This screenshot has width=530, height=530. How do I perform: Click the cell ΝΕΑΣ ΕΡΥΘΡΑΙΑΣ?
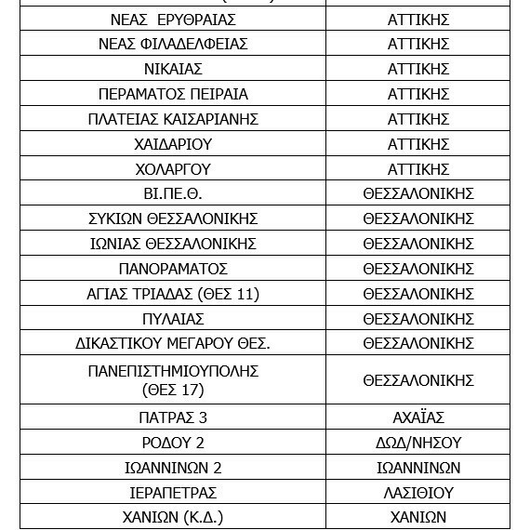click(173, 20)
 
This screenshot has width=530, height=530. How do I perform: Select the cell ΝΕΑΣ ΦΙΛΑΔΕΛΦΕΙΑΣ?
click(173, 45)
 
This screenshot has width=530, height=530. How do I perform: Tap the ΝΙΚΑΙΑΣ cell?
click(173, 70)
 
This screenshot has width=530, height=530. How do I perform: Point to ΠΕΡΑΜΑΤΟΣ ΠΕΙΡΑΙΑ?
click(173, 95)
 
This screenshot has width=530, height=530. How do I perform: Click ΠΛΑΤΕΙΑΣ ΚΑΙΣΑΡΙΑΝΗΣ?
click(173, 120)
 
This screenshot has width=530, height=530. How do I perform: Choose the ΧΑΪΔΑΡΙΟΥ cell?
click(173, 145)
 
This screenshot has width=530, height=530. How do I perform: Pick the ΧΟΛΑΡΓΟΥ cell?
click(173, 170)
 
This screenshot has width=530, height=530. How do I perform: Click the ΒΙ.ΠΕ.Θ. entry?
click(173, 194)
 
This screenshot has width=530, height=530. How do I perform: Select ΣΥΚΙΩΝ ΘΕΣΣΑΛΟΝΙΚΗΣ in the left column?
click(173, 219)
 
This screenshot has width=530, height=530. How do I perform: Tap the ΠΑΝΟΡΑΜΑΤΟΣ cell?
click(173, 270)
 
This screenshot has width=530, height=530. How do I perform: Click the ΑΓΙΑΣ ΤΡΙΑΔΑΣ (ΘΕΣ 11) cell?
click(173, 295)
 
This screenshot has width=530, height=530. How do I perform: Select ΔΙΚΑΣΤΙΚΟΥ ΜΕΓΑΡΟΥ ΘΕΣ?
click(173, 344)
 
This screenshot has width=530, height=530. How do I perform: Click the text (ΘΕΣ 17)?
click(173, 391)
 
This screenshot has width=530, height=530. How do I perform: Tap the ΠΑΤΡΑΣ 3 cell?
click(173, 418)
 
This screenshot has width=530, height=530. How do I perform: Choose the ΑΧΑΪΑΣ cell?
click(418, 418)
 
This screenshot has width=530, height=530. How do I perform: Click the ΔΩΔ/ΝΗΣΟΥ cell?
click(418, 444)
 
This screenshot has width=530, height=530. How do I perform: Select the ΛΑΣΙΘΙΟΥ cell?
click(418, 493)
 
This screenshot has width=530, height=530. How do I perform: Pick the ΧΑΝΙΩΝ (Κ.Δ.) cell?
click(173, 518)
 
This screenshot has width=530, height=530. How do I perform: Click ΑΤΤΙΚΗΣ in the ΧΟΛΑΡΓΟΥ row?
click(418, 170)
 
